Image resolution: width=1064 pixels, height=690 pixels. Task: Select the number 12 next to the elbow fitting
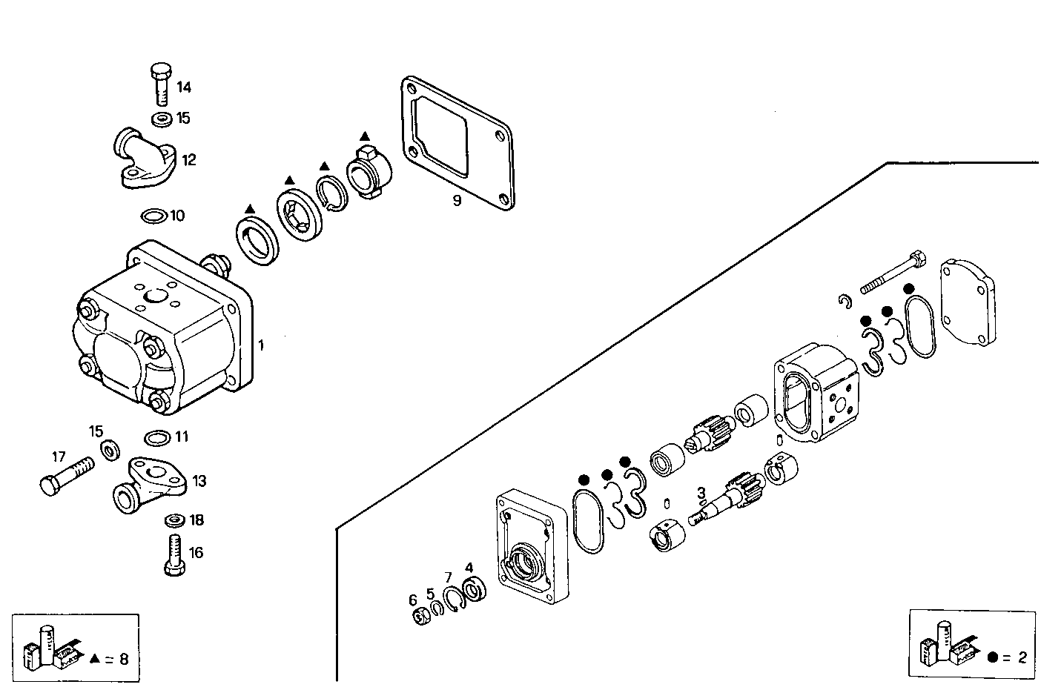(189, 160)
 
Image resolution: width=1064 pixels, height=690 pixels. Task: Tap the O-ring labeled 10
(153, 216)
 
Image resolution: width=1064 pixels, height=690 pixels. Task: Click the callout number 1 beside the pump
(260, 345)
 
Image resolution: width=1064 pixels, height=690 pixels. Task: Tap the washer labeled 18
(175, 520)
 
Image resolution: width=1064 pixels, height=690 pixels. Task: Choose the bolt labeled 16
(174, 554)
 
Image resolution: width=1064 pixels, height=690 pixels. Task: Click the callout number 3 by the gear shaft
(701, 491)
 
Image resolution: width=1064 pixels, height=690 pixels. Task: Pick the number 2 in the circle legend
(1022, 657)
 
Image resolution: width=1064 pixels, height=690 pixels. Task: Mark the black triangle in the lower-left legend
(95, 657)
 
